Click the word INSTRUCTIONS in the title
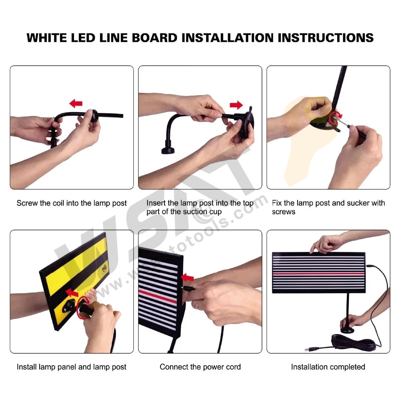tap(326, 38)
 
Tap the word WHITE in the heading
tap(46, 38)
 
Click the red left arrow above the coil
tap(76, 103)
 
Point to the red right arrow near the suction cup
tap(236, 105)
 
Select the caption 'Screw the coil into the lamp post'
tap(72, 203)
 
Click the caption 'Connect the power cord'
tap(200, 367)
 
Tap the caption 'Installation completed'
tap(328, 367)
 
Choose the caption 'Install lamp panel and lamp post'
tap(72, 367)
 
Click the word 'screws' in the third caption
tap(284, 212)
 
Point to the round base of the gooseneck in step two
tap(168, 150)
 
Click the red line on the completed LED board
tap(319, 274)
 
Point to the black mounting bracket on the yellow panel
tap(68, 305)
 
